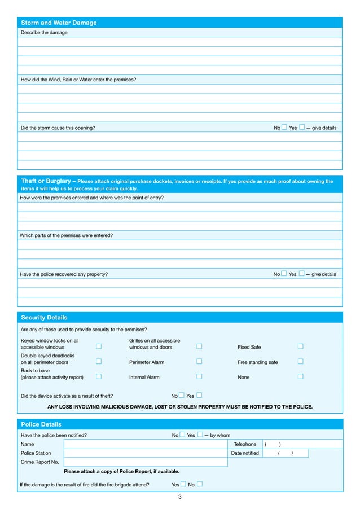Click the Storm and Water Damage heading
tap(59, 23)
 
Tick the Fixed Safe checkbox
tap(300, 346)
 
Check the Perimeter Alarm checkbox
tap(199, 362)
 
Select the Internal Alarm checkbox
tap(199, 376)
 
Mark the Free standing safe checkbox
tap(300, 362)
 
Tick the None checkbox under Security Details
tap(300, 376)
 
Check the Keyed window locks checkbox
tap(98, 346)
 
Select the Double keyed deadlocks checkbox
tap(98, 362)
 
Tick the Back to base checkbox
tap(98, 376)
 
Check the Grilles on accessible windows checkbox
tap(199, 346)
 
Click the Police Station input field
tap(146, 453)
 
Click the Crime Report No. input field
tap(146, 462)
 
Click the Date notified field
tap(285, 453)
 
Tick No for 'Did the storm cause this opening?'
tap(284, 128)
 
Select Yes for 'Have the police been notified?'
tap(200, 435)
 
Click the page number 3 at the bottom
tap(179, 497)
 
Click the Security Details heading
tap(44, 318)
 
